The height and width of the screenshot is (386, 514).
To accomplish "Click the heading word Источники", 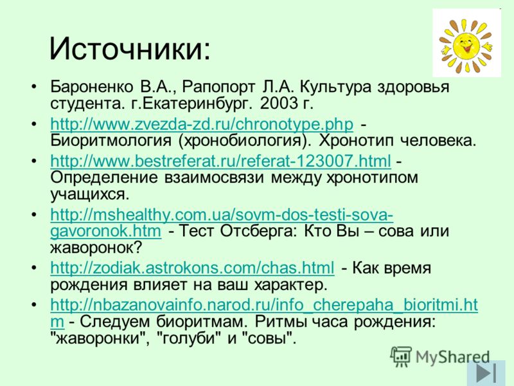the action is click(x=130, y=49).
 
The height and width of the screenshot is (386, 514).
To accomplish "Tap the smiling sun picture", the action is click(x=466, y=43).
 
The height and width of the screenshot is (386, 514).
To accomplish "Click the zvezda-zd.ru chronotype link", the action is click(x=202, y=124).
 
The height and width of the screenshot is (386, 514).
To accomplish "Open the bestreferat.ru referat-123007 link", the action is click(x=220, y=161).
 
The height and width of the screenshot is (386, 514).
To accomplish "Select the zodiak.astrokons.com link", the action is click(x=192, y=268).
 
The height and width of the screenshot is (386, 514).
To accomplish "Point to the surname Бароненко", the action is click(x=92, y=87).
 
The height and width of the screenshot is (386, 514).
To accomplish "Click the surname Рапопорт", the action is click(x=219, y=87).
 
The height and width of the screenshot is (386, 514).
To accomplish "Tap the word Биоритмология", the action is click(x=111, y=141).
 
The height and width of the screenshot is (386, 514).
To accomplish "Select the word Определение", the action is click(x=104, y=178).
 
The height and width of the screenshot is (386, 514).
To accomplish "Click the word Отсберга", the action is click(x=258, y=231).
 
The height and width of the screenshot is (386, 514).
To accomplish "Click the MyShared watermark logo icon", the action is click(x=400, y=356).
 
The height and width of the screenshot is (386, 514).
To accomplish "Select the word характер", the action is click(x=291, y=285).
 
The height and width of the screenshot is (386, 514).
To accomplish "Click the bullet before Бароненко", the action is click(x=34, y=87).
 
